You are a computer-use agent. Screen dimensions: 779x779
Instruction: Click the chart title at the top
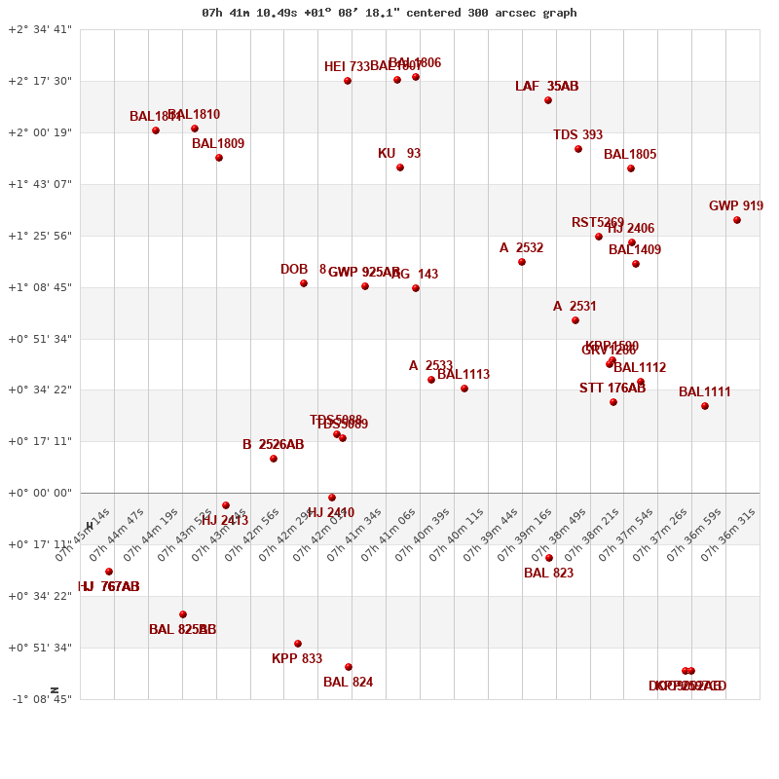[389, 13]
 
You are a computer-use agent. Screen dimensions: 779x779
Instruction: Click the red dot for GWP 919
[737, 220]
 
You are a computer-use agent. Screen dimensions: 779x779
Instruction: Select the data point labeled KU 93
[400, 167]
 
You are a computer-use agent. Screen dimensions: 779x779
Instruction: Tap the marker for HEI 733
[348, 81]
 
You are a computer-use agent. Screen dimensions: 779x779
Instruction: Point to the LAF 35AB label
[546, 87]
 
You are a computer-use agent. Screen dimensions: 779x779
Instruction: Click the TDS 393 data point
[578, 149]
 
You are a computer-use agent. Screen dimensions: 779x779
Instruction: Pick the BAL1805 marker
[631, 168]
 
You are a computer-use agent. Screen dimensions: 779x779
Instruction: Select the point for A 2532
[522, 262]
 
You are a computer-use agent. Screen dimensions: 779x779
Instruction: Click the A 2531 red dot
[575, 320]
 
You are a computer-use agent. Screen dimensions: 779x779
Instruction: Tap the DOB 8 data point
[304, 283]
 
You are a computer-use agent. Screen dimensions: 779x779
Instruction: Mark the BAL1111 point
[705, 406]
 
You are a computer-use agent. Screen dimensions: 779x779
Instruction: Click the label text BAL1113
[464, 375]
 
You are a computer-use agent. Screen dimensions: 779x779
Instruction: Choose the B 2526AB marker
[274, 459]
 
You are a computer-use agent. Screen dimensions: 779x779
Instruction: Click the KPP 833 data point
[298, 644]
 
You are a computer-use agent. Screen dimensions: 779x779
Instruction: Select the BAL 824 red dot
[349, 667]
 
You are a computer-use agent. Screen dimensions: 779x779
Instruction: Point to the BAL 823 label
[548, 574]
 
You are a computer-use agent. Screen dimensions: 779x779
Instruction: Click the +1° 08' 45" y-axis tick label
[40, 287]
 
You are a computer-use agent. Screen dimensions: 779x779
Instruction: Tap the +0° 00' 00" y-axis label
[40, 493]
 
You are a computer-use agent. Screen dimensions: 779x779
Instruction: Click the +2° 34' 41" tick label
[40, 29]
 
